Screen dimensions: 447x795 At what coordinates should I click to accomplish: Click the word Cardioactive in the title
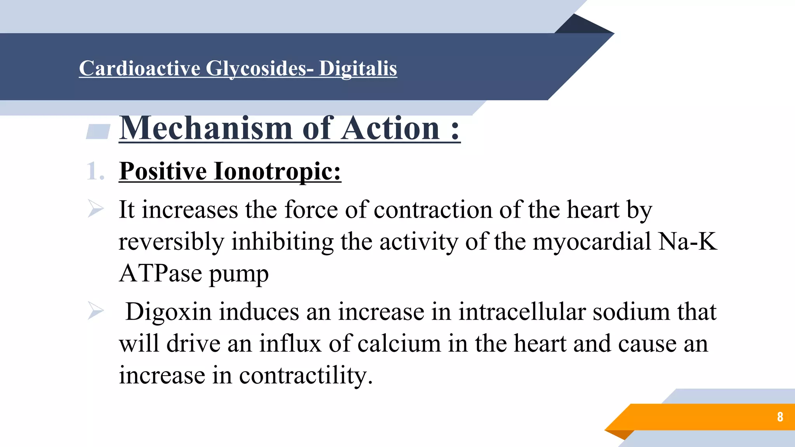[x=140, y=68]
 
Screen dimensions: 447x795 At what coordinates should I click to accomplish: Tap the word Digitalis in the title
[x=358, y=68]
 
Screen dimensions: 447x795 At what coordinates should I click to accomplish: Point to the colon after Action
[x=455, y=130]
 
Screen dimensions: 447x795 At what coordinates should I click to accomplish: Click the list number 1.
[x=95, y=171]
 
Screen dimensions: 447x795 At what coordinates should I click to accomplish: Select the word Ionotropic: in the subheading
[x=278, y=171]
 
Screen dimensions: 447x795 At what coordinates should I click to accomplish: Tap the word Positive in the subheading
[x=163, y=171]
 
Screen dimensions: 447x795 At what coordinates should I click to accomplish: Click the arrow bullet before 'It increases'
[x=95, y=209]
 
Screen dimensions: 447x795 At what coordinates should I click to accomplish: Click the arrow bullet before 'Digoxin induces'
[x=95, y=311]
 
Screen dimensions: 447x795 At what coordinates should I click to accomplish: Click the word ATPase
[x=160, y=273]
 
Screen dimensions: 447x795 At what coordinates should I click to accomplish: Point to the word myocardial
[x=592, y=241]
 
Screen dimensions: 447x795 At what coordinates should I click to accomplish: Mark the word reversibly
[x=171, y=241]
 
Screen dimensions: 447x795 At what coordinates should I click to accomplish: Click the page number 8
[x=780, y=417]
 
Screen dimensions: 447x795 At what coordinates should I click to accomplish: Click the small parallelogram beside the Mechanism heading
[x=98, y=132]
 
